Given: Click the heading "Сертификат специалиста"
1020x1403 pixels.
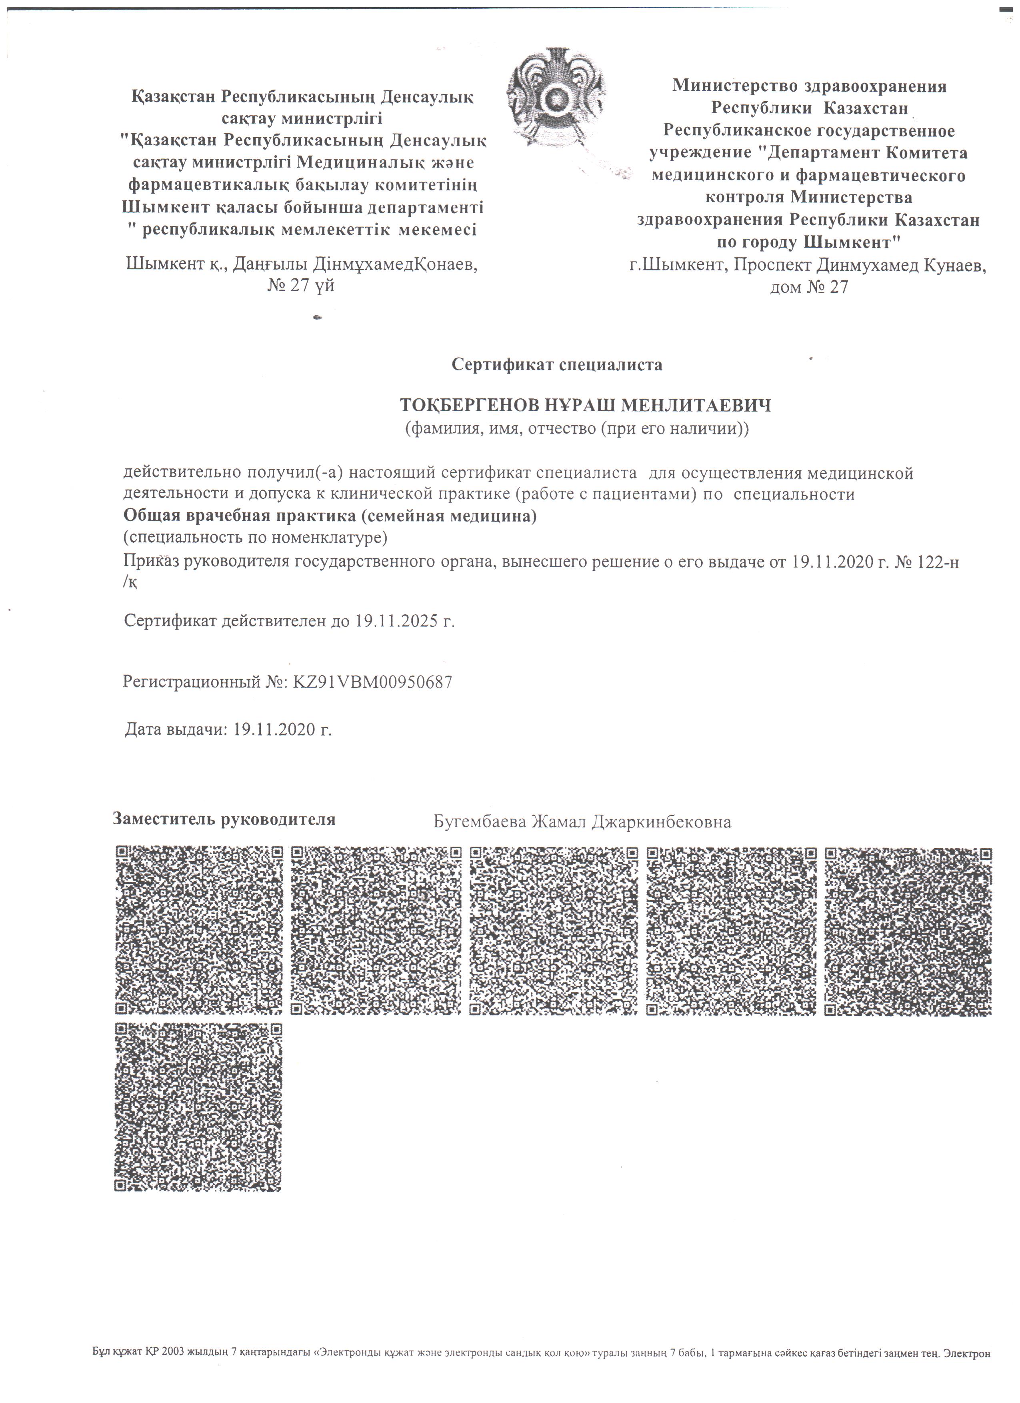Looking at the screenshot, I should coord(557,364).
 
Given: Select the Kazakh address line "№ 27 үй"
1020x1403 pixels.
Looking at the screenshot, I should coord(301,286).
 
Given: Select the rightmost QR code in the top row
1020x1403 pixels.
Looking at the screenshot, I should coord(908,931).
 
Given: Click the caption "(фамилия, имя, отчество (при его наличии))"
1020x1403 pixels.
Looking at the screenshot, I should coord(576,428).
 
